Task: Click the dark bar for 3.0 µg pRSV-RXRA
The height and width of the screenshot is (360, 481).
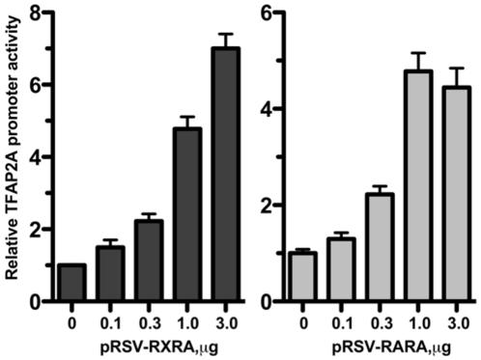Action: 226,174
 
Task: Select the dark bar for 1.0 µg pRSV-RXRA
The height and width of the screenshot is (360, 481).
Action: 187,214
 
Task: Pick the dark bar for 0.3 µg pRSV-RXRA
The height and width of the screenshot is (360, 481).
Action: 149,261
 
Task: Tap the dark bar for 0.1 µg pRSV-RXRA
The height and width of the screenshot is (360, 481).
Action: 111,274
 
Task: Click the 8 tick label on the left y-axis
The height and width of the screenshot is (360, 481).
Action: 36,14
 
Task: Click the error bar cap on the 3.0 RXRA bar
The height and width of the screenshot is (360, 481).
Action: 226,35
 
